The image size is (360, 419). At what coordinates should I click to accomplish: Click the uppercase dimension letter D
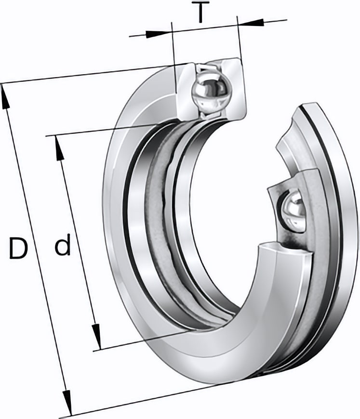point(18,248)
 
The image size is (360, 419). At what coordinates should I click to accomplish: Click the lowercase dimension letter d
point(63,244)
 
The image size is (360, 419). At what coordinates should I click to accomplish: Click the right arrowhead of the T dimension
point(251,23)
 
